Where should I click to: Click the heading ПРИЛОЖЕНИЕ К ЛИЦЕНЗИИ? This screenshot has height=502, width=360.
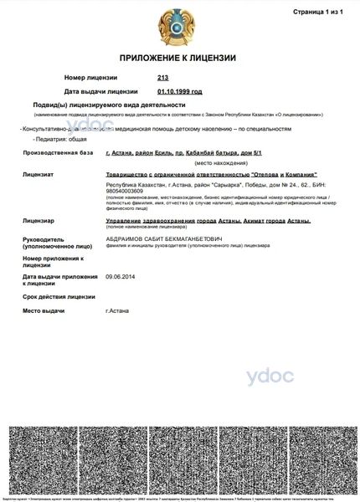point(179,58)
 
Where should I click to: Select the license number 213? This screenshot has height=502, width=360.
point(162,78)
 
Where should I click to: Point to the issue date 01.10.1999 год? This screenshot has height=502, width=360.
point(179,91)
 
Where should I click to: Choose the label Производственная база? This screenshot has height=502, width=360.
point(56,153)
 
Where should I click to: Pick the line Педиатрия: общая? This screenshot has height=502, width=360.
point(54,139)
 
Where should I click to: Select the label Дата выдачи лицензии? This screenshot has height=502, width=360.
point(101,91)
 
